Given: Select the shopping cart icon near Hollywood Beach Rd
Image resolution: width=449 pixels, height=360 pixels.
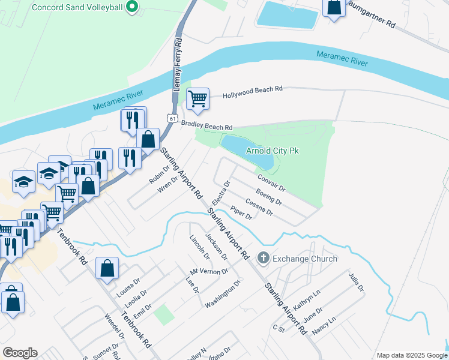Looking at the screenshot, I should click(197, 98).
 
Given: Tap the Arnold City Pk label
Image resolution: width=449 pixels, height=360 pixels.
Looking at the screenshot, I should click(273, 151).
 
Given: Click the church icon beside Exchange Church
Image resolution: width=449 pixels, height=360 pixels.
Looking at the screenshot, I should click(263, 259).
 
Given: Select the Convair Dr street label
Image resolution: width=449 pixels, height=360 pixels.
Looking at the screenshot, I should click(272, 183).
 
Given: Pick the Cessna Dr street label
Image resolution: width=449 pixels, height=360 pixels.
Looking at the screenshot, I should click(259, 208).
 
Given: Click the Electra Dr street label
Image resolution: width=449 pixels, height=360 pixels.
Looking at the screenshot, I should click(220, 192).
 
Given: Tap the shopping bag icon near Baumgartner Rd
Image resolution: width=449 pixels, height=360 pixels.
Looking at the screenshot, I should click(333, 8).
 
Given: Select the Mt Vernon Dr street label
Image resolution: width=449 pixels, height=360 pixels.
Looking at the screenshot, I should click(209, 271).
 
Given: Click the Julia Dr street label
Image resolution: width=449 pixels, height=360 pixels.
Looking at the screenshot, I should click(356, 283).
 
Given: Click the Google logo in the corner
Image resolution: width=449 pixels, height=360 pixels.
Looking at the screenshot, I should click(20, 353).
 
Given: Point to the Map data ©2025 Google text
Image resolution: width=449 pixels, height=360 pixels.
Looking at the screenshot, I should click(411, 355).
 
